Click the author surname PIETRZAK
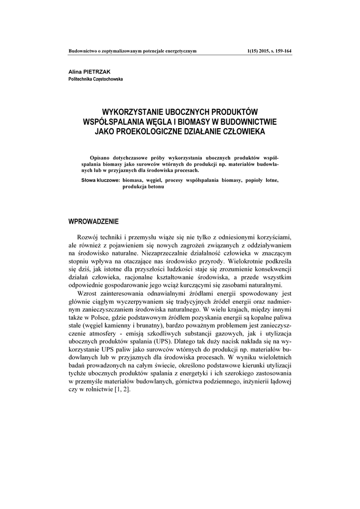click(98, 72)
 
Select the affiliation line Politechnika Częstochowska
click(95, 79)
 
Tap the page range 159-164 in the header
click(281, 51)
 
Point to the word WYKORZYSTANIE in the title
click(133, 112)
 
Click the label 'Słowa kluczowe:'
click(101, 180)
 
